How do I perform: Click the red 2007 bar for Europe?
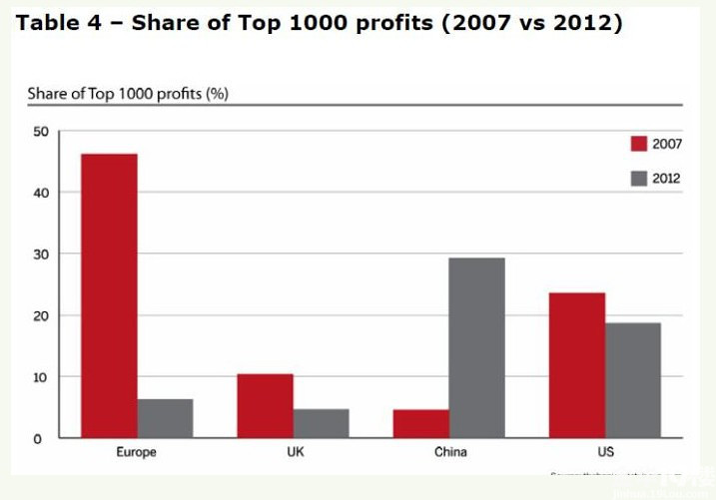(109, 295)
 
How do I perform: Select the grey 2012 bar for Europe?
(165, 418)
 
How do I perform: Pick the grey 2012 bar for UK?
(321, 423)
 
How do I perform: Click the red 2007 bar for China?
(420, 423)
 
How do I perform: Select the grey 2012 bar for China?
(476, 347)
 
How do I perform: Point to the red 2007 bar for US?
(577, 365)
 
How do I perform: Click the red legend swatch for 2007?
(639, 144)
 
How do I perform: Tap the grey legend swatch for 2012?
(639, 179)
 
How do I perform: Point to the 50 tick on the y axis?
(40, 131)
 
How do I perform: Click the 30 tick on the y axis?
(40, 254)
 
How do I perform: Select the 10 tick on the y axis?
(40, 377)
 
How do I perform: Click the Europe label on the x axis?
(136, 452)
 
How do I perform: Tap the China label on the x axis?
(449, 452)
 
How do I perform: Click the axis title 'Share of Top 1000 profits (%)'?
(128, 94)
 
